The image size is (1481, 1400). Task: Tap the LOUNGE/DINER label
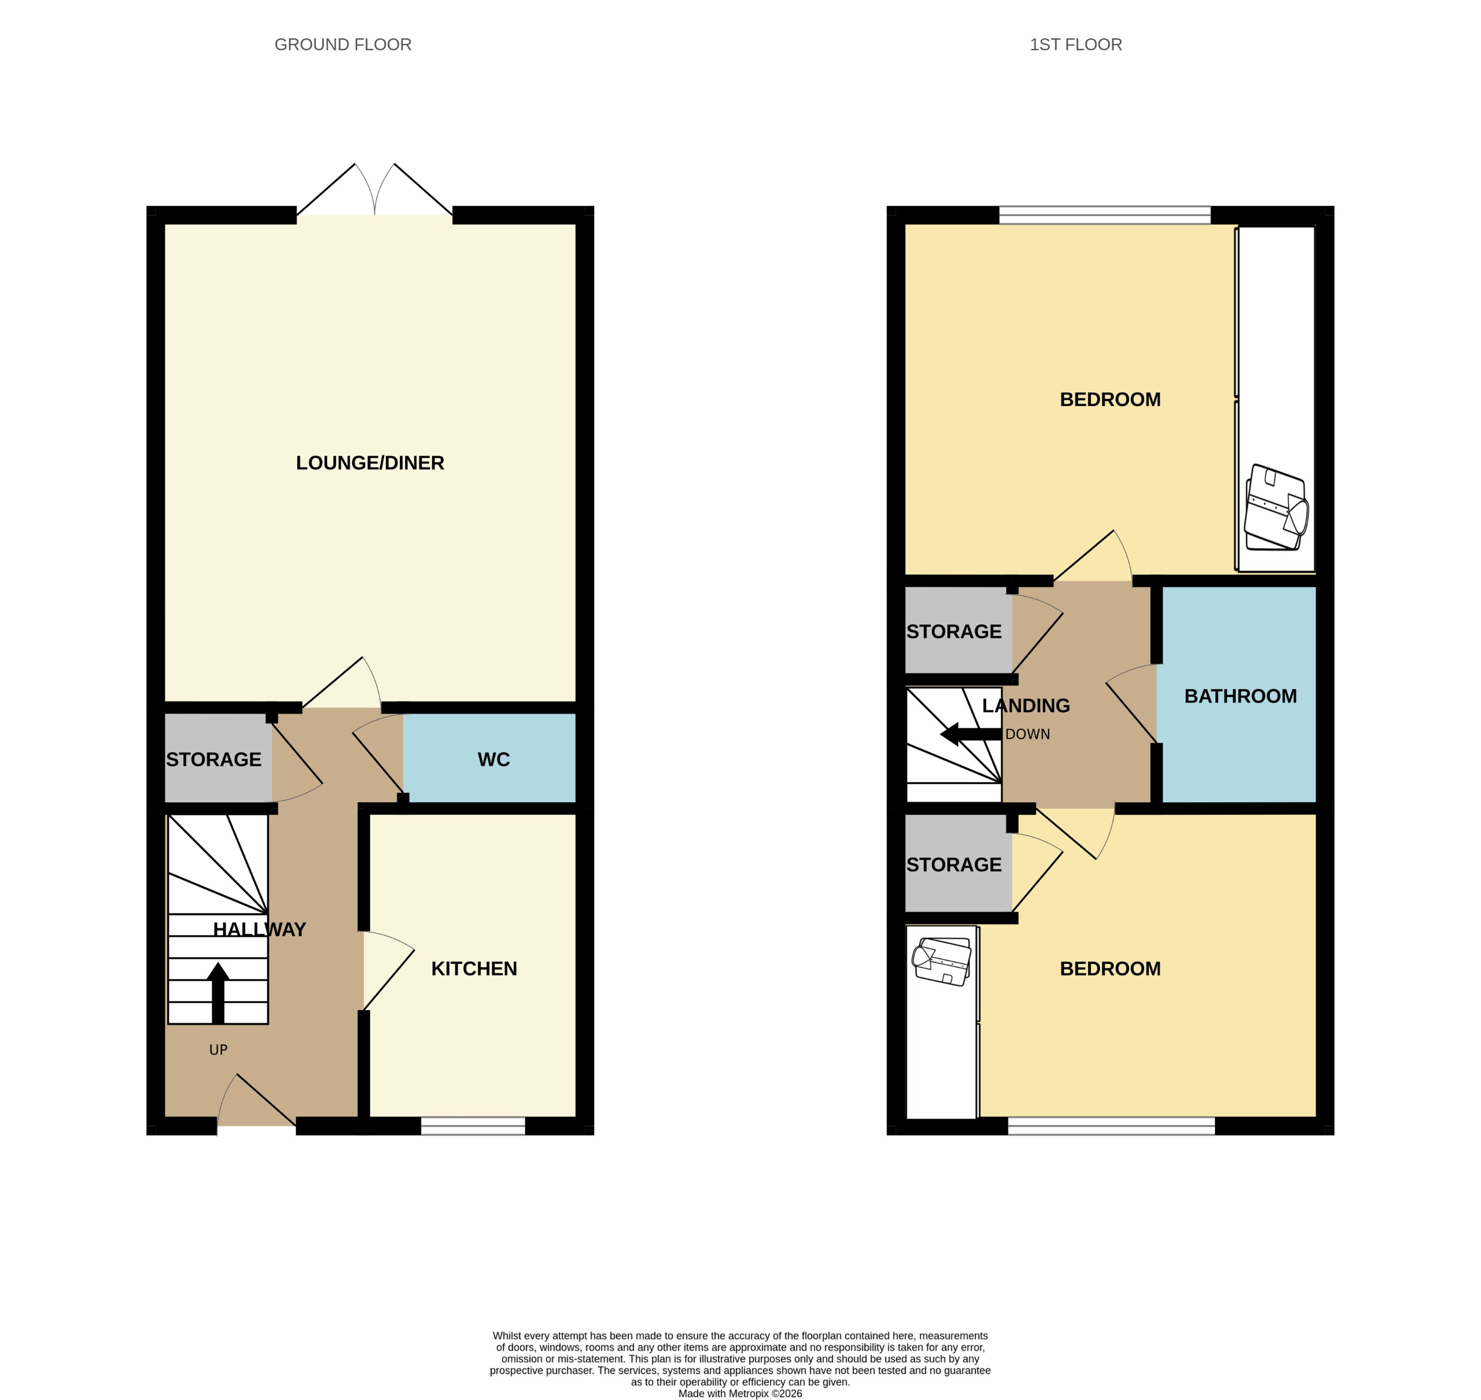(370, 463)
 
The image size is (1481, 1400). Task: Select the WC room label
(493, 759)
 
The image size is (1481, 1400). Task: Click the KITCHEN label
(474, 969)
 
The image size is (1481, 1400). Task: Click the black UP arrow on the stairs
(218, 993)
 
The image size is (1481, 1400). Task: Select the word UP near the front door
(218, 1050)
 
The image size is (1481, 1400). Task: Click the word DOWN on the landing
(1027, 734)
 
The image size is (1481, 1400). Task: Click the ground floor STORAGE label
(213, 759)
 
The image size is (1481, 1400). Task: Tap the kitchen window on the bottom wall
(473, 1126)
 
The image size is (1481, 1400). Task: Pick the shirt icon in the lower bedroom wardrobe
(942, 963)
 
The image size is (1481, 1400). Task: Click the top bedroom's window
(1104, 216)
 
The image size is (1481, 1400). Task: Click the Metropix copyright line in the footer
(740, 1393)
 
